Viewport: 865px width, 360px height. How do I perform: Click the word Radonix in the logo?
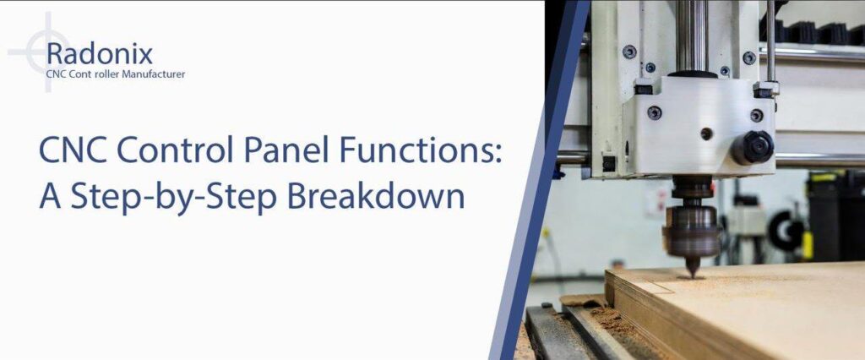coord(100,55)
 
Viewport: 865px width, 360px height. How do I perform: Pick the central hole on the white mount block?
coord(706,134)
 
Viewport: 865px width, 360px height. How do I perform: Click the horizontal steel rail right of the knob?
coord(819,160)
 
